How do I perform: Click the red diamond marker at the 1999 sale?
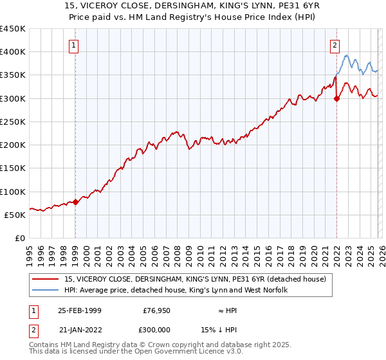[x=75, y=202]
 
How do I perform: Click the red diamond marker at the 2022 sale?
[x=336, y=98]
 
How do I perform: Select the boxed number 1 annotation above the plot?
[x=75, y=45]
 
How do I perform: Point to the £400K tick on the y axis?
[x=12, y=52]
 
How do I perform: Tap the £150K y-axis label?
[x=12, y=168]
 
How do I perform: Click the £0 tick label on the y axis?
[x=19, y=238]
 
